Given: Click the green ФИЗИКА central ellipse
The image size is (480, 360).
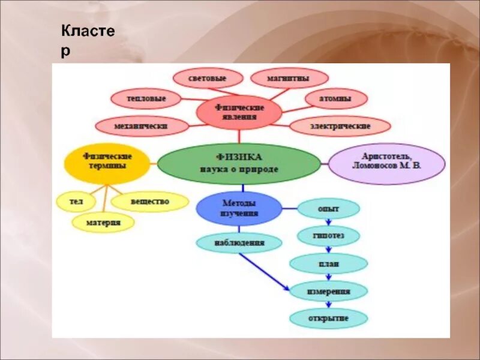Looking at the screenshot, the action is pyautogui.click(x=239, y=163).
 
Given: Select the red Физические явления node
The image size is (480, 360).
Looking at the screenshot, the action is pyautogui.click(x=239, y=112).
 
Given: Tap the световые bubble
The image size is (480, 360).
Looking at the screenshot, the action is pyautogui.click(x=208, y=79).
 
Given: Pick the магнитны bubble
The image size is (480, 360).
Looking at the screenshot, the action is pyautogui.click(x=289, y=79).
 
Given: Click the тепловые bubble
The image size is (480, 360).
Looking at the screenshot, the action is pyautogui.click(x=146, y=98).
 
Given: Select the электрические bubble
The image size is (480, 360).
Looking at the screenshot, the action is pyautogui.click(x=340, y=126).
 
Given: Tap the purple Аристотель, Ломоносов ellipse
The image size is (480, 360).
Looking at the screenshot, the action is pyautogui.click(x=387, y=163).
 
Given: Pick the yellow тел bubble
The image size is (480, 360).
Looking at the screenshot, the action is pyautogui.click(x=76, y=202).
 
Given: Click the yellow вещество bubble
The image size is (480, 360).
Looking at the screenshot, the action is pyautogui.click(x=149, y=202).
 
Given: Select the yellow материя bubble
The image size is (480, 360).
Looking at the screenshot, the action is pyautogui.click(x=103, y=223).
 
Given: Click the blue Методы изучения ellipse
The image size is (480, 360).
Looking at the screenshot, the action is pyautogui.click(x=239, y=208).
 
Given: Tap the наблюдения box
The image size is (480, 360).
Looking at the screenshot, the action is pyautogui.click(x=239, y=243).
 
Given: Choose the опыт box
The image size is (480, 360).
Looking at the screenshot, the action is pyautogui.click(x=329, y=208).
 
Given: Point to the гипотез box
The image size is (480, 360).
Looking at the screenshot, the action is pyautogui.click(x=328, y=235).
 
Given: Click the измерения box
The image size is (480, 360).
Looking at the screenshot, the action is pyautogui.click(x=328, y=291).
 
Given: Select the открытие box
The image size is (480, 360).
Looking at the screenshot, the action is pyautogui.click(x=328, y=318).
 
